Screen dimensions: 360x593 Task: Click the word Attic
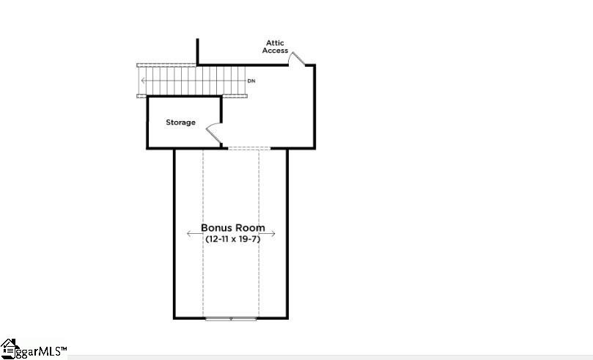click(x=275, y=43)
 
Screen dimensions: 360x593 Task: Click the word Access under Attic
click(x=275, y=51)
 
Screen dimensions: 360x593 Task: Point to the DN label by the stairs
click(x=251, y=81)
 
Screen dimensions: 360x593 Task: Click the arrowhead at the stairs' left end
click(x=142, y=80)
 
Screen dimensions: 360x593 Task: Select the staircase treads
click(x=191, y=80)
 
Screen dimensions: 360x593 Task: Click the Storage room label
click(x=180, y=122)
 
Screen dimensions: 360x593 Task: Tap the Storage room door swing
click(x=215, y=133)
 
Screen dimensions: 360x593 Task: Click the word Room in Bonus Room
click(x=251, y=228)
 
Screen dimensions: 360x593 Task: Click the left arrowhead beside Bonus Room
click(x=188, y=234)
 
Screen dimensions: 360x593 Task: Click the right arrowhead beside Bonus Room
click(x=273, y=234)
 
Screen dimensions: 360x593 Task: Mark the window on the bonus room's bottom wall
click(x=231, y=318)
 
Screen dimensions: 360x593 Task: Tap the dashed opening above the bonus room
click(x=249, y=149)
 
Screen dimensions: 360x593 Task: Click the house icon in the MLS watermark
click(x=9, y=347)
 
